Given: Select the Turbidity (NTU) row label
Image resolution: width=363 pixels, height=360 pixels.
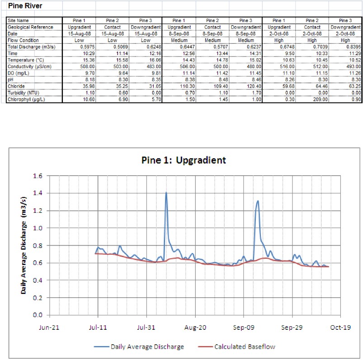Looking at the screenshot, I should point(22,93).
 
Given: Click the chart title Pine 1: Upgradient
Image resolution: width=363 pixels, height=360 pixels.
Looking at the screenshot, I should point(184,160).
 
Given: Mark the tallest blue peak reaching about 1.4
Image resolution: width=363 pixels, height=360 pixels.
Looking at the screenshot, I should point(166,193).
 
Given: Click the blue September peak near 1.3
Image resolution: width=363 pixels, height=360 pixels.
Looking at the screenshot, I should point(258,201).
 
